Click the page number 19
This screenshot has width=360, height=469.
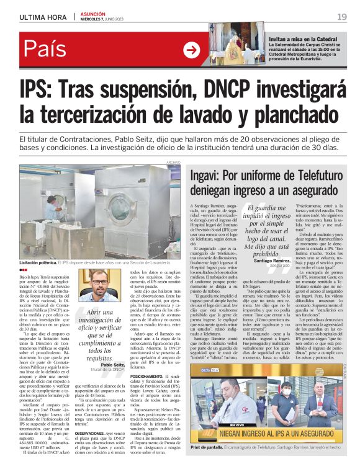coord(341,16)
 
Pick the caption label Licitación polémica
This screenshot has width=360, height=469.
coord(42,263)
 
